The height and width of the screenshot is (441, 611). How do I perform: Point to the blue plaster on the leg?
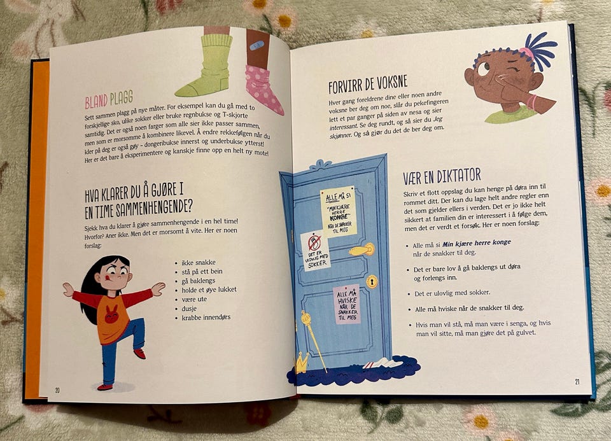(256, 46)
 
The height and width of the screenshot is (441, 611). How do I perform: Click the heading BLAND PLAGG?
(109, 100)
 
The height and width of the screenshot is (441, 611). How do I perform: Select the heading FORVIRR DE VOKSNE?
(368, 84)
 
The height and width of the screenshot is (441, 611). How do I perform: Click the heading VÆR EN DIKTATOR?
(442, 176)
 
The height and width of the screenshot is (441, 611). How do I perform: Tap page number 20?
(57, 390)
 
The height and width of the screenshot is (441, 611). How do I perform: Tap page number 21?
(577, 382)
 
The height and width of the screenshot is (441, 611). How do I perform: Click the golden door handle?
(362, 249)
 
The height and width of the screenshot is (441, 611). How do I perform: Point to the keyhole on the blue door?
(372, 281)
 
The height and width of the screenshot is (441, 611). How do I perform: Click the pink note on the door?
(346, 305)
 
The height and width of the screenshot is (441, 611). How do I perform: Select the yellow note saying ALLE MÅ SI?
(338, 211)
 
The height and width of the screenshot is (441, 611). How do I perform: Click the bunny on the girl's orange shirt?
(112, 315)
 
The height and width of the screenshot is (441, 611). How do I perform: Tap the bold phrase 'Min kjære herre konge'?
(476, 243)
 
